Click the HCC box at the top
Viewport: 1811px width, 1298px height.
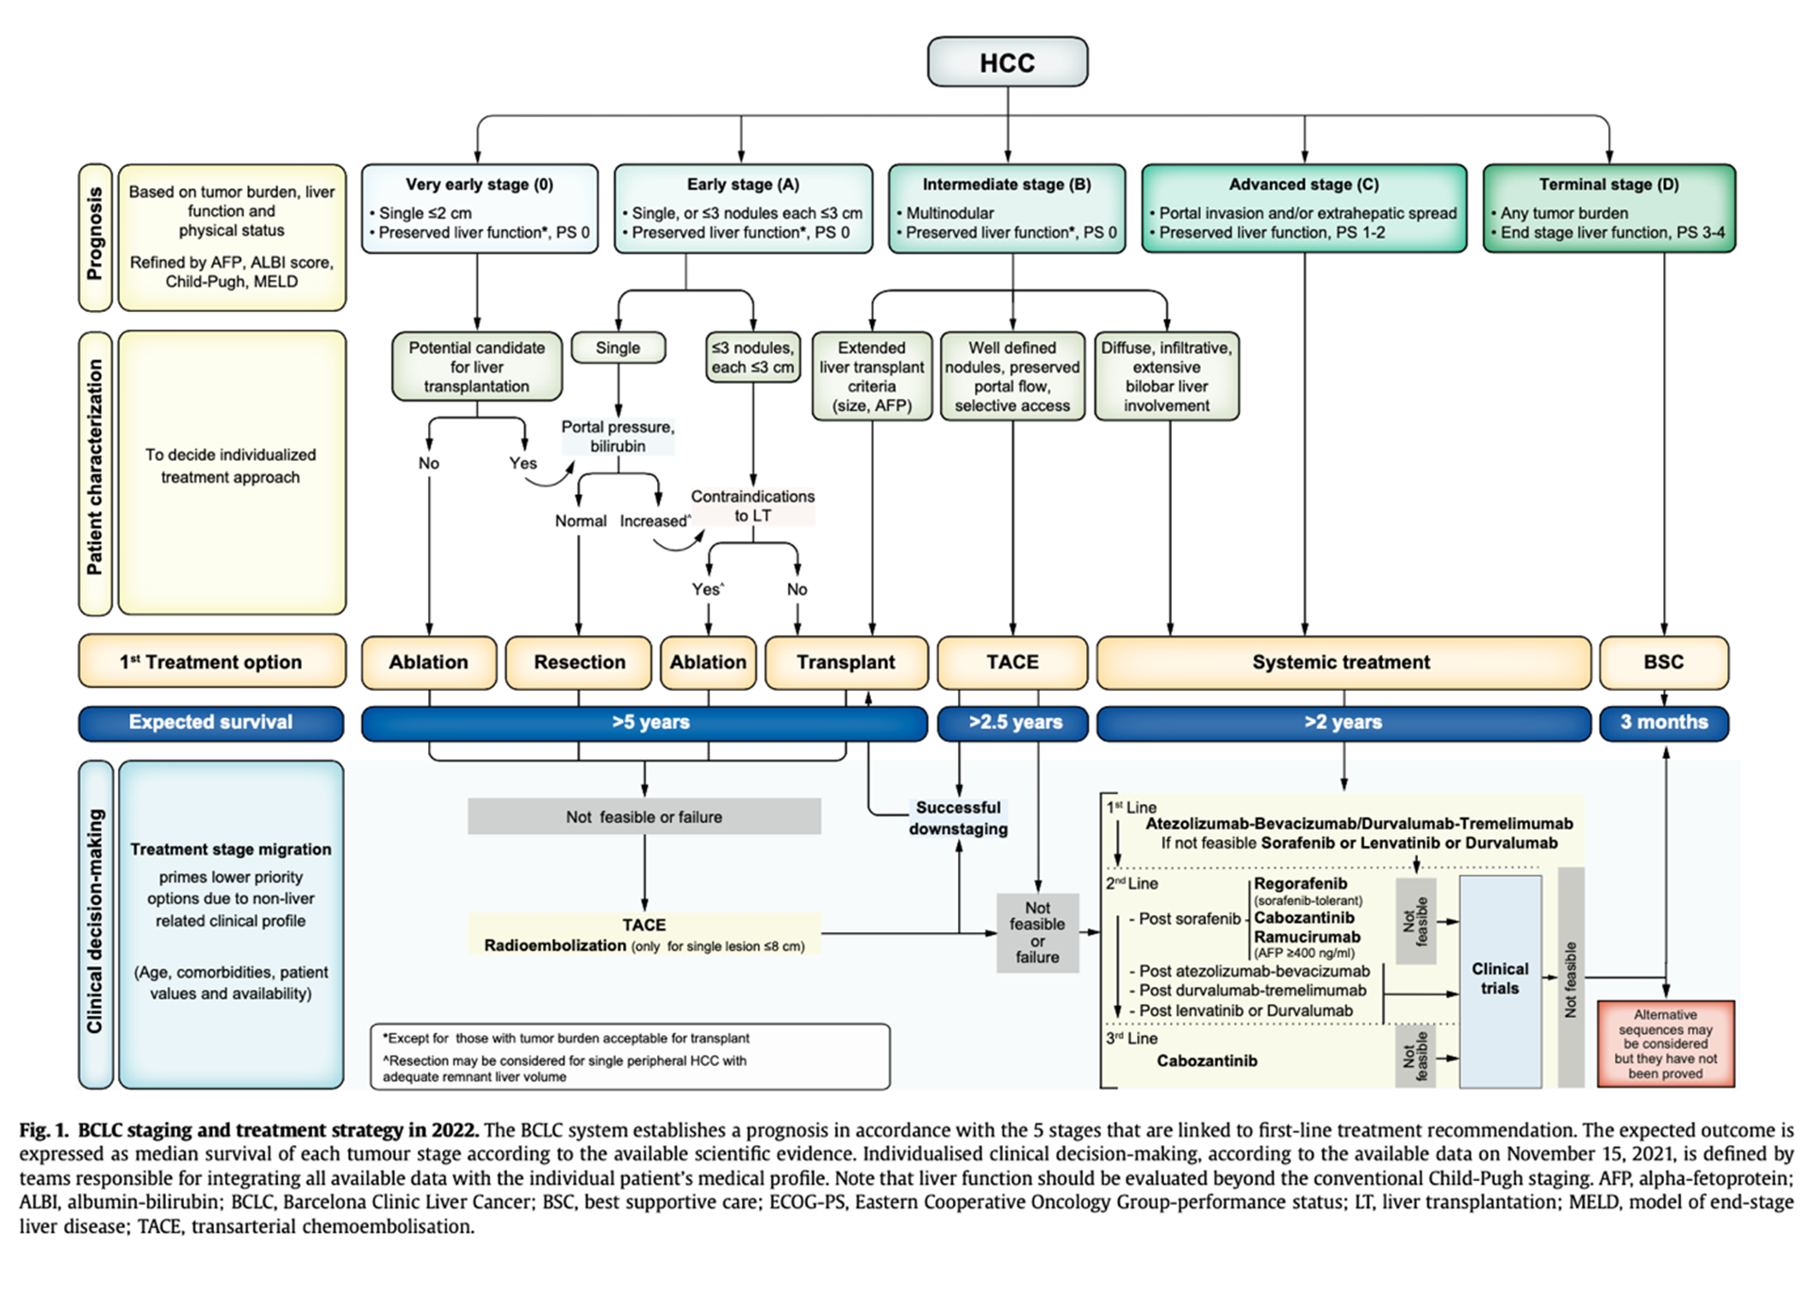tap(1007, 62)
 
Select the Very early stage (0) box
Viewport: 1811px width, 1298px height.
tap(479, 208)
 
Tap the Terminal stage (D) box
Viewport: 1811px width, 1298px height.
tap(1608, 208)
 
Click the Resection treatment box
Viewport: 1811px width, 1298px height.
tap(579, 662)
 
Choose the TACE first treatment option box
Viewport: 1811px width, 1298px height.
tap(1012, 662)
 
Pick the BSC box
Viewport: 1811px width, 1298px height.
tap(1663, 662)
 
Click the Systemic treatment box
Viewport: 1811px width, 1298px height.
tap(1342, 662)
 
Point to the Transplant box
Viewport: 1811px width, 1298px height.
tap(845, 662)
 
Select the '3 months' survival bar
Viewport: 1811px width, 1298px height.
tap(1663, 722)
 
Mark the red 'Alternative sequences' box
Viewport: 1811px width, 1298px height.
tap(1665, 1043)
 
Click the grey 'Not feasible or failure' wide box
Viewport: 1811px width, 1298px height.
tap(644, 816)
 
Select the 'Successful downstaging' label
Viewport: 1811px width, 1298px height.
tap(958, 818)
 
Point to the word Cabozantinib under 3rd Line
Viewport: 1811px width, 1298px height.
tap(1207, 1060)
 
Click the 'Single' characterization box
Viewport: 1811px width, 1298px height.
tap(617, 348)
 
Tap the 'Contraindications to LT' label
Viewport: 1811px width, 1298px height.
tap(752, 505)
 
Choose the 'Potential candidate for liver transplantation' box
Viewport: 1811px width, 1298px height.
tap(477, 367)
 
